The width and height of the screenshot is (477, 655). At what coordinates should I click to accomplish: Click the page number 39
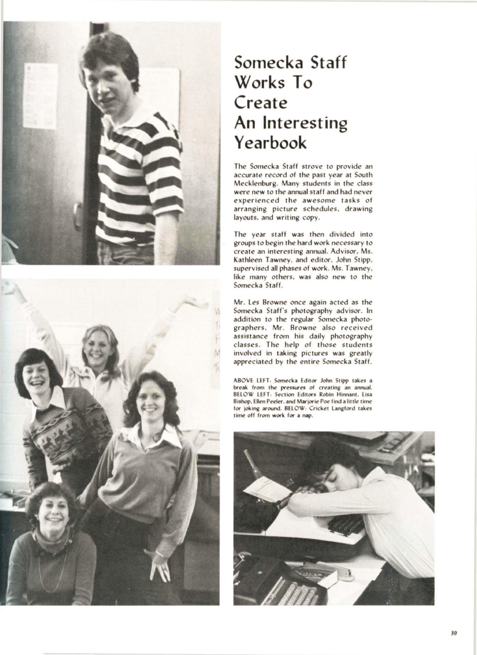[x=453, y=632]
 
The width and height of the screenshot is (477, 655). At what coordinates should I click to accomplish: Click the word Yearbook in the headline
[x=270, y=142]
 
